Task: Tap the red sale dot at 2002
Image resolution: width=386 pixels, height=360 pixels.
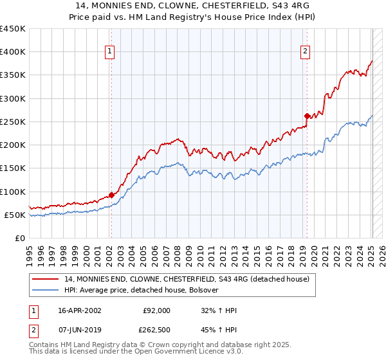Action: click(x=111, y=195)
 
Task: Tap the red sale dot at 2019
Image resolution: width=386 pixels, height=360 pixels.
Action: click(x=307, y=116)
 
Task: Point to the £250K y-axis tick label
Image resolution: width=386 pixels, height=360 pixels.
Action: click(x=14, y=122)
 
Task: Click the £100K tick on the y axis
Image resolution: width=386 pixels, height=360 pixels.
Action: click(x=14, y=192)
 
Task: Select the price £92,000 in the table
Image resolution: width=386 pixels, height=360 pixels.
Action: click(x=156, y=310)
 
